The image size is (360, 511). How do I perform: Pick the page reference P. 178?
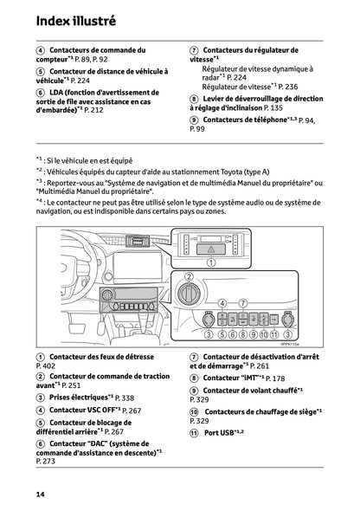274,378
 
